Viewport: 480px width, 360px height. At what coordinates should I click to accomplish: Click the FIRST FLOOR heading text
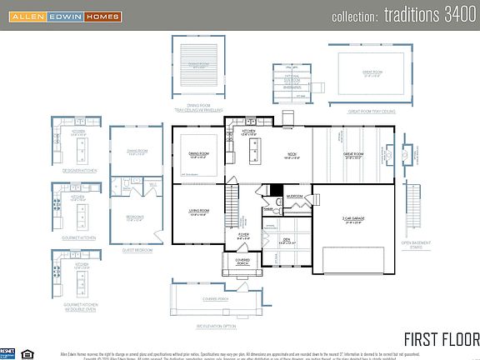coord(441,339)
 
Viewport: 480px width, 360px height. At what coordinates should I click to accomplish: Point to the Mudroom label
coord(295,197)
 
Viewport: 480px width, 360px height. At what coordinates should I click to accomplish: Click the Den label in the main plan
coord(287,242)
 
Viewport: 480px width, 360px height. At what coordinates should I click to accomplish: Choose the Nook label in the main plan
coord(292,155)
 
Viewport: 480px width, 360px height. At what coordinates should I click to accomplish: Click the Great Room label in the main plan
coord(352,154)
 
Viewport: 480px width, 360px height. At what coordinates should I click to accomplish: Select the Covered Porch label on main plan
coord(242,261)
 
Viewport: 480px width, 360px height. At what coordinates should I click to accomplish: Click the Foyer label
coord(243,236)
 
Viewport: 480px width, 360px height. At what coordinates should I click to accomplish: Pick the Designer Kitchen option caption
coord(81,170)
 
